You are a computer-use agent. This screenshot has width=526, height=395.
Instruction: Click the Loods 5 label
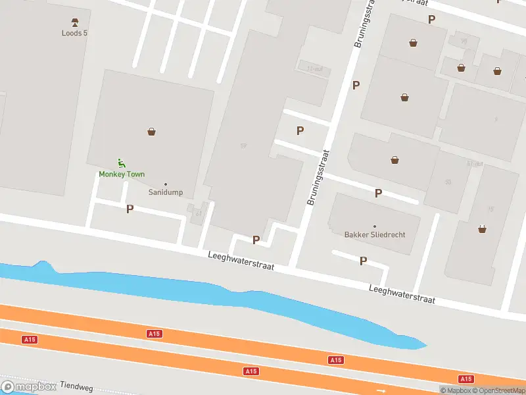pos(74,32)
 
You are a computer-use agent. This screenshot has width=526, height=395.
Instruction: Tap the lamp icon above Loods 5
pos(74,21)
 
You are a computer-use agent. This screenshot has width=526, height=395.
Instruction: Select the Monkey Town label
pos(122,174)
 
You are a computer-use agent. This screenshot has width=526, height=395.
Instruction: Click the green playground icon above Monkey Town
pos(121,163)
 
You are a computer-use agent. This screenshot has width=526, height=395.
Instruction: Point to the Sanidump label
pos(166,193)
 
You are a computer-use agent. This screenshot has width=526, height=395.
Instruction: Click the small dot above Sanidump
pos(166,184)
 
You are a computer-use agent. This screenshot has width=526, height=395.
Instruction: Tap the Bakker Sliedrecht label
pos(375,234)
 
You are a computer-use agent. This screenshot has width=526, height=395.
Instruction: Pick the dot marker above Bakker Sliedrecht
pos(375,226)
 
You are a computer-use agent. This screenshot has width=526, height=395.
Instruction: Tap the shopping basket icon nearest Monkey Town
pos(152,132)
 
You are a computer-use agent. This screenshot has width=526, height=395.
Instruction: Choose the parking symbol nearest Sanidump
pos(130,209)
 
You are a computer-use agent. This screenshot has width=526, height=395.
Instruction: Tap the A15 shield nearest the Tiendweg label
pos(29,340)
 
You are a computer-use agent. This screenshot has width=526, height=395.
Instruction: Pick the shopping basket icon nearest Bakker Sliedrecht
pos(395,159)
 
